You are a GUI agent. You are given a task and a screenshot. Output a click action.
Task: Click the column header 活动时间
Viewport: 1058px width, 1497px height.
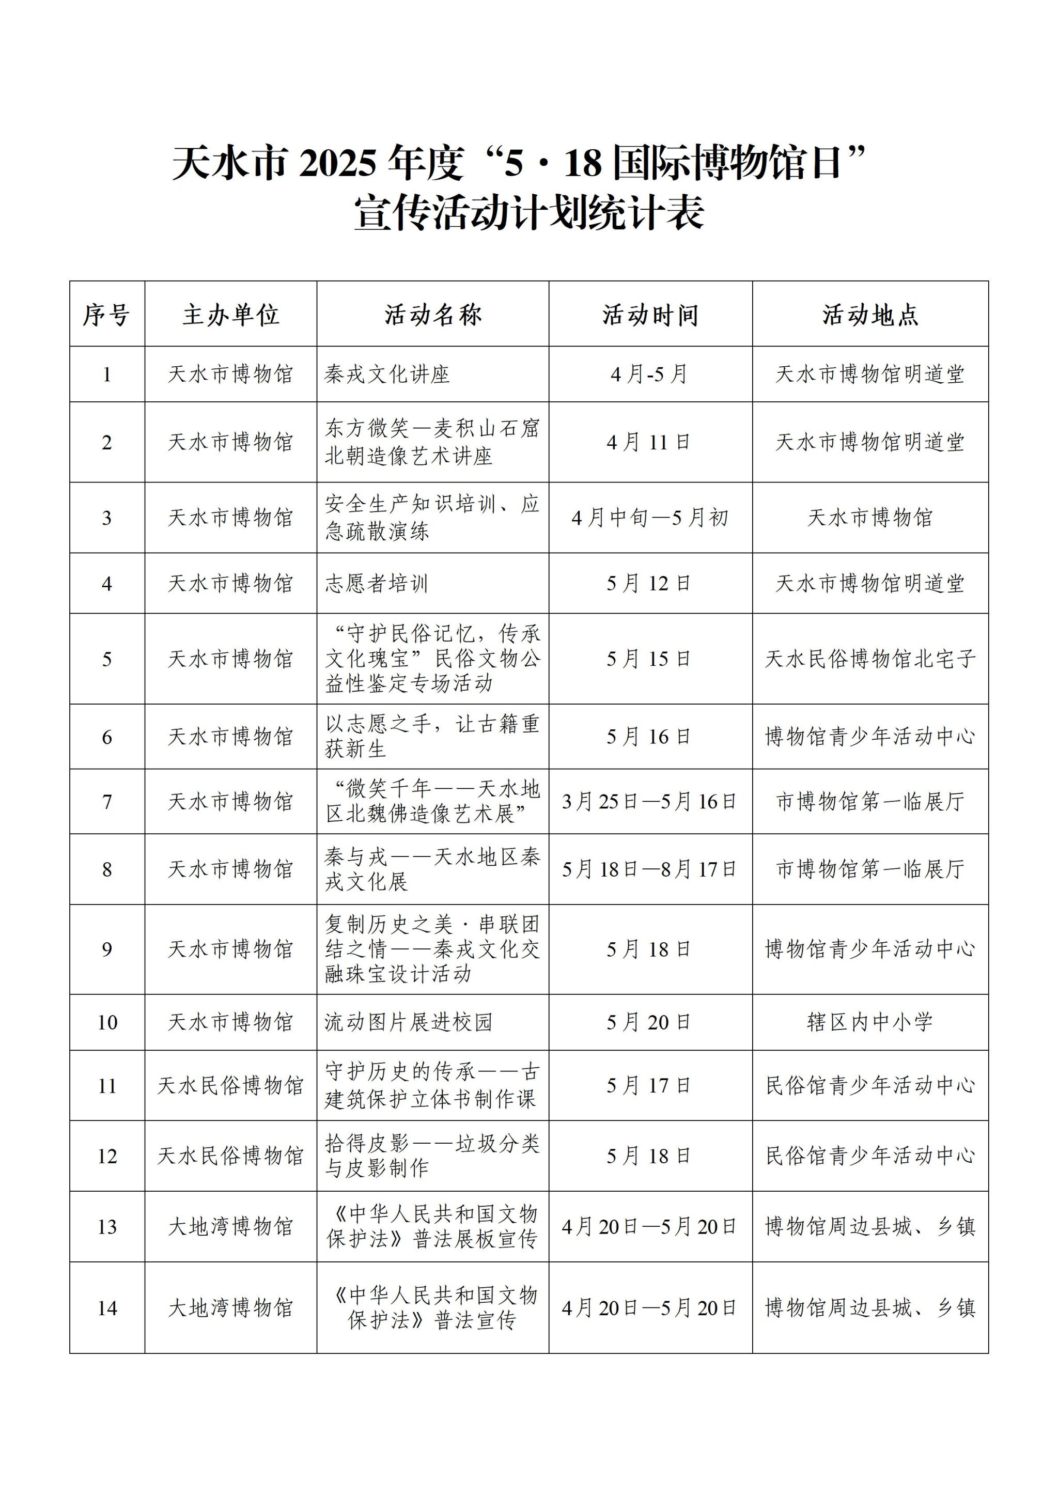pos(650,315)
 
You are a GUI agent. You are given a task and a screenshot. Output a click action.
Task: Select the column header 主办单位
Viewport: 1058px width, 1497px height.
pos(231,315)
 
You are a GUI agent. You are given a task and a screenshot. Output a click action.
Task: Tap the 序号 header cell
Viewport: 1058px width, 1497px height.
pos(107,315)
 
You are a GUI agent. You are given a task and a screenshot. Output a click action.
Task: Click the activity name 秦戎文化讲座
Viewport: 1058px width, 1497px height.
pos(387,374)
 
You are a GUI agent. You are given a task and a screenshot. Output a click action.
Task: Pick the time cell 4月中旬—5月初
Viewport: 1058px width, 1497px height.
pos(650,518)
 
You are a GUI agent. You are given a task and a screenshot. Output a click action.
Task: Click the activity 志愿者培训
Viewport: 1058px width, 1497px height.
pos(377,583)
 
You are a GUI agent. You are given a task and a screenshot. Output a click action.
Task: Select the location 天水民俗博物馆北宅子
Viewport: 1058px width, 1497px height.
pos(869,659)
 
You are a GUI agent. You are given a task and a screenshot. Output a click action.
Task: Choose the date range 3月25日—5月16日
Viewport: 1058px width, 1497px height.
pos(650,801)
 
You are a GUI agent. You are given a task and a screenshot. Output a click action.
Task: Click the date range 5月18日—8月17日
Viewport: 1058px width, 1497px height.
pos(650,869)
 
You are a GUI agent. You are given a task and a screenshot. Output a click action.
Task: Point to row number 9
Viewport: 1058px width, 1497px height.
pos(107,949)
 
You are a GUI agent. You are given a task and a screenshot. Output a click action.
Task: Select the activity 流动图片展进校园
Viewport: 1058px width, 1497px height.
pos(408,1022)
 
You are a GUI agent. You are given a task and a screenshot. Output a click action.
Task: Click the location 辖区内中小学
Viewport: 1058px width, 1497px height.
pos(869,1022)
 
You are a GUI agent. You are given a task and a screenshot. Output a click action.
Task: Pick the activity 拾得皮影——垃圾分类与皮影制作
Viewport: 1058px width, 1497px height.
pos(432,1156)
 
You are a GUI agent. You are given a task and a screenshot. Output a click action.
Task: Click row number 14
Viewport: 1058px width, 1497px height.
pos(107,1308)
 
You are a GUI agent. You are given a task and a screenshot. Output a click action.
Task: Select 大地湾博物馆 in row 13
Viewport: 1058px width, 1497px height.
pos(231,1226)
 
